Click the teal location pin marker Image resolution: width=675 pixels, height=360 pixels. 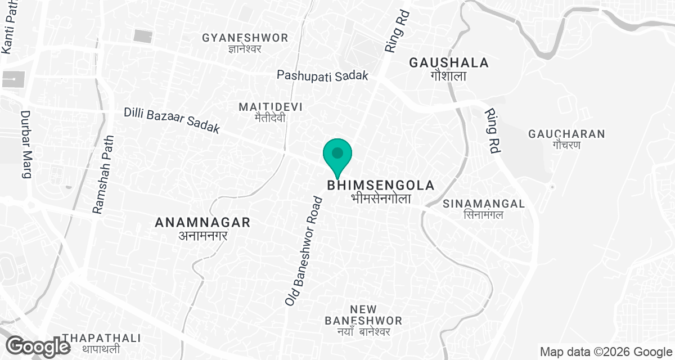point(337,155)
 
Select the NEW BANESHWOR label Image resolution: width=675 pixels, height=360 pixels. point(363,315)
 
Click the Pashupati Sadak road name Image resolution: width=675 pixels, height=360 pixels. point(323,75)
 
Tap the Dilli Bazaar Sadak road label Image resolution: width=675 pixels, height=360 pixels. point(172,121)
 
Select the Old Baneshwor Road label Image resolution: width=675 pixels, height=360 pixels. point(303,251)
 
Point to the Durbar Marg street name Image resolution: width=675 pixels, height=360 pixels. point(26,144)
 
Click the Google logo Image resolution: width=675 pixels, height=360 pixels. point(38,346)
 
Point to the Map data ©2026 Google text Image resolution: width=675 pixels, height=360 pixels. point(606,352)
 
